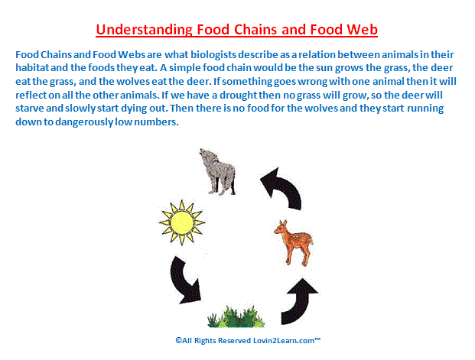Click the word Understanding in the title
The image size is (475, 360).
tap(144, 30)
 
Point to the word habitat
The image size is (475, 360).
tap(32, 67)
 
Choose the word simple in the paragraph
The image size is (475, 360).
tap(184, 68)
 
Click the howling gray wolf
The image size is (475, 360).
tap(217, 171)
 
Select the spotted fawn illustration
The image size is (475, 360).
tap(293, 243)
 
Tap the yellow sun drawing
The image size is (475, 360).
tap(182, 222)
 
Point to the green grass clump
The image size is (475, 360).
tap(236, 316)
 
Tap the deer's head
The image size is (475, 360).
tap(281, 227)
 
